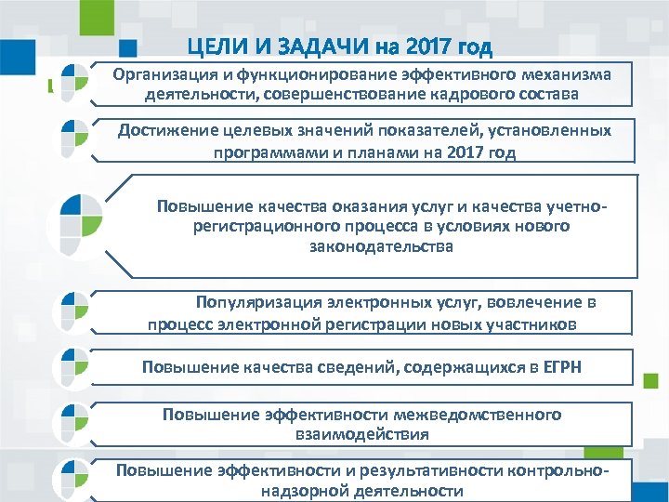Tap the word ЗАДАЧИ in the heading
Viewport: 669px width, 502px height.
pyautogui.click(x=308, y=46)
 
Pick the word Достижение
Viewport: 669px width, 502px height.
pyautogui.click(x=167, y=131)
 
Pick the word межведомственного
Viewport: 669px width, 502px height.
pyautogui.click(x=465, y=414)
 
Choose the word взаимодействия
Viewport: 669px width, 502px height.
pyautogui.click(x=361, y=433)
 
